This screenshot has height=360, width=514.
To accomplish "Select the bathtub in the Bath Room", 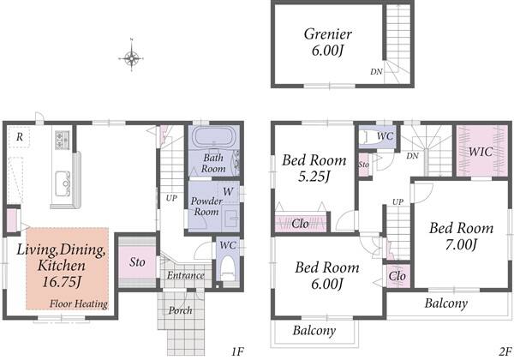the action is click(212, 137).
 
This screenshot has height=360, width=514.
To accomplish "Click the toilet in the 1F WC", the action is click(228, 268).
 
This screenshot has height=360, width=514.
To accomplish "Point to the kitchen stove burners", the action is click(63, 140).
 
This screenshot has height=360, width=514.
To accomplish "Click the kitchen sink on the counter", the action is click(63, 184).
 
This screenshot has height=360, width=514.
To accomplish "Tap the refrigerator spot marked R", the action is click(20, 137).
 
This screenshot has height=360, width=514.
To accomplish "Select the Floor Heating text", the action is click(79, 304).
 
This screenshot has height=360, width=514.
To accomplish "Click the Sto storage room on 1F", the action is click(137, 262).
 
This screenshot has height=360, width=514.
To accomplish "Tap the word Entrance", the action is click(186, 275).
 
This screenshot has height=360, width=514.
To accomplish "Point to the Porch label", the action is click(180, 310).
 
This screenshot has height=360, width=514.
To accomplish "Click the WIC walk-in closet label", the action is click(481, 152).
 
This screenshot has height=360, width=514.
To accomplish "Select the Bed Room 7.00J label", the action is click(461, 236).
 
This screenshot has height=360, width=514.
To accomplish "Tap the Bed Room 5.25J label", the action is click(314, 168).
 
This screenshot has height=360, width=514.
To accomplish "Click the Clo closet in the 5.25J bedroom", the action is click(301, 223).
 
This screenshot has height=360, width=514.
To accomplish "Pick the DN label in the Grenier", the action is click(376, 71).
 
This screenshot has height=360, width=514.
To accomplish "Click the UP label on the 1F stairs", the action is click(171, 198).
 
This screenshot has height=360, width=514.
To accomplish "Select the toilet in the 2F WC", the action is click(368, 136).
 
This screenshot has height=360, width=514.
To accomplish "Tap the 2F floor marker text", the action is click(505, 351).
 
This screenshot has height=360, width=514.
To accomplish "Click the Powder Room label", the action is click(206, 207).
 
